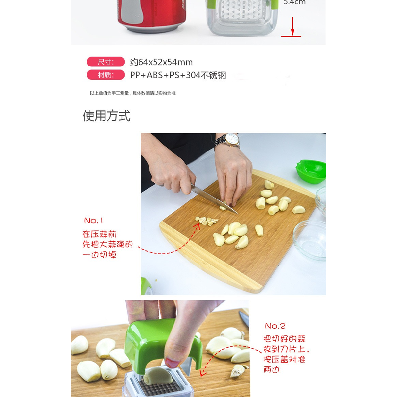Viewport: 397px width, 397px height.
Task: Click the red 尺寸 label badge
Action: pyautogui.click(x=105, y=62)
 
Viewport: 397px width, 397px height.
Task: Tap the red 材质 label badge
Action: pyautogui.click(x=105, y=75)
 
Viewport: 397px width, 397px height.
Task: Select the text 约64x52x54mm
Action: pyautogui.click(x=161, y=62)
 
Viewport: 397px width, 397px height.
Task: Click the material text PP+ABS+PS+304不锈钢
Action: pyautogui.click(x=178, y=75)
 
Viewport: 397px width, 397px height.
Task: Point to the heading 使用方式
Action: pyautogui.click(x=106, y=116)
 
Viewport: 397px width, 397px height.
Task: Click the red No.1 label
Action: pyautogui.click(x=95, y=220)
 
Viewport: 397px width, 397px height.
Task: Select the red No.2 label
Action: pyautogui.click(x=275, y=326)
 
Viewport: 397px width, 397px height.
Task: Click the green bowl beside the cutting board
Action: pyautogui.click(x=311, y=171)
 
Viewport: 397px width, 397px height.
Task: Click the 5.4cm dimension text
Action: pyautogui.click(x=294, y=2)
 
